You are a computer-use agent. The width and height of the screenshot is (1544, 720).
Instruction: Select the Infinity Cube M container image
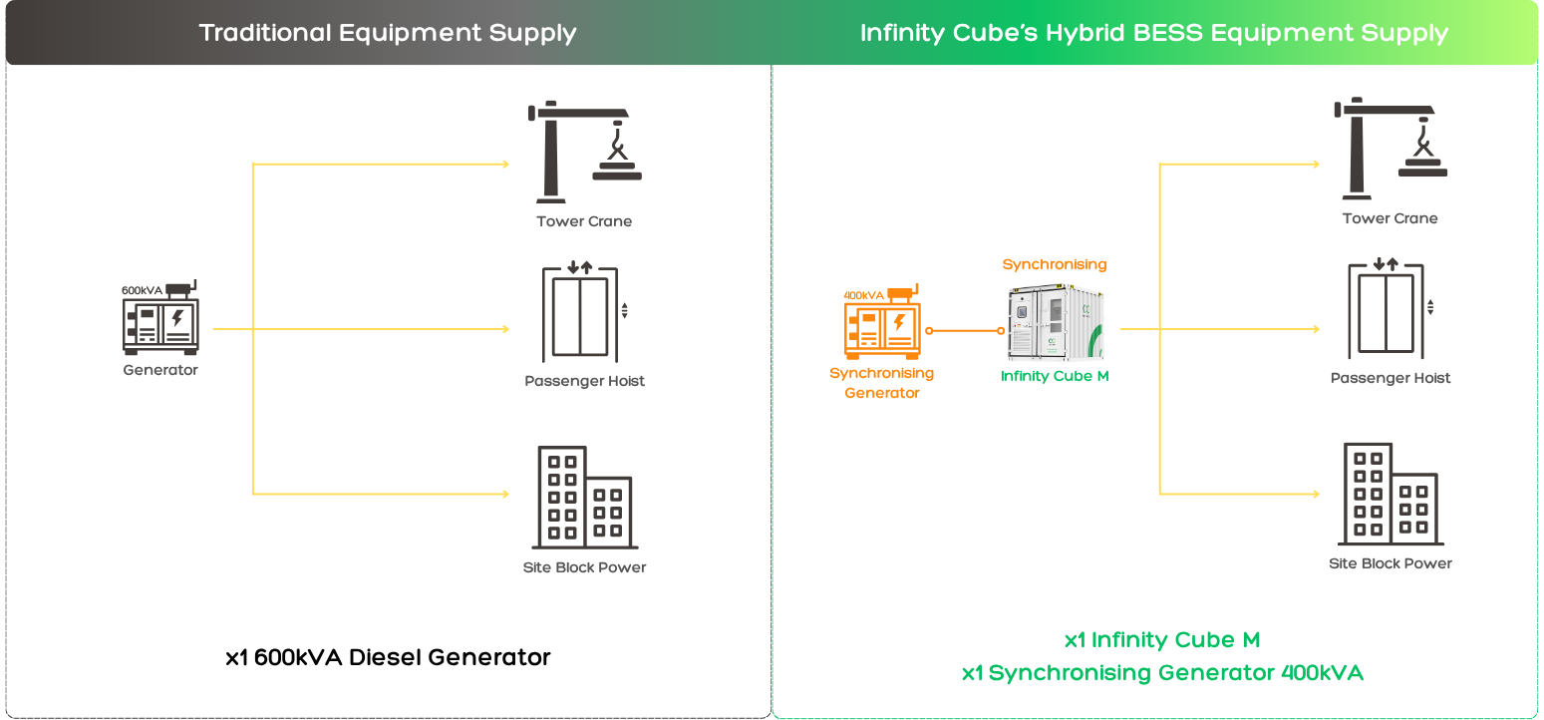pos(1056,322)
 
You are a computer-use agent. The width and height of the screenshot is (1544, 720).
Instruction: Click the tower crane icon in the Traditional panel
pos(584,152)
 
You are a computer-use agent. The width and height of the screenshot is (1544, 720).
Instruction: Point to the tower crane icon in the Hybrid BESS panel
pos(1390,149)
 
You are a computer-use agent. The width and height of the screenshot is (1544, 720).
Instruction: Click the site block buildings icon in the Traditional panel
pos(584,498)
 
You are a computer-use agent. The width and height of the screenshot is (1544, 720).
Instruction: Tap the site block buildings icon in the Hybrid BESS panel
pos(1390,494)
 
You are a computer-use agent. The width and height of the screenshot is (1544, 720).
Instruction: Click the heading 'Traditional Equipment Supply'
pos(388,33)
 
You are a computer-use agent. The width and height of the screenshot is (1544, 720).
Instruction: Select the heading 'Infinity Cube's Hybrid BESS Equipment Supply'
pos(1154,33)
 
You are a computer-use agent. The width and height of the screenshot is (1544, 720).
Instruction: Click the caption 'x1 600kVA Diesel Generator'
pos(388,657)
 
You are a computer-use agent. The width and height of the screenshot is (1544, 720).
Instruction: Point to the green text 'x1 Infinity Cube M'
pos(1162,640)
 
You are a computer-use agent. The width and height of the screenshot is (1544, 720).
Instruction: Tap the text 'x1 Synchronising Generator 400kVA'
pos(1162,673)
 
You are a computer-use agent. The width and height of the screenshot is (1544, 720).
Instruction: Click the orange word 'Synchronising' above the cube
pos(1055,265)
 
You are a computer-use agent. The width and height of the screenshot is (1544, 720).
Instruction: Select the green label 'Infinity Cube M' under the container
pos(1055,376)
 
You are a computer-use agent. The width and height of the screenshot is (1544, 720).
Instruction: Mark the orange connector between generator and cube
pos(965,331)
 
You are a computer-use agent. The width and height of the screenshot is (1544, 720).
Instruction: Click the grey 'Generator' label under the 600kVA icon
pos(160,370)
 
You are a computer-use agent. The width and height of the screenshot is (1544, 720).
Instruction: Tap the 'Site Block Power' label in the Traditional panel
pos(584,567)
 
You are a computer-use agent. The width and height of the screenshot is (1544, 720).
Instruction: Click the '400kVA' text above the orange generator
pos(863,295)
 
